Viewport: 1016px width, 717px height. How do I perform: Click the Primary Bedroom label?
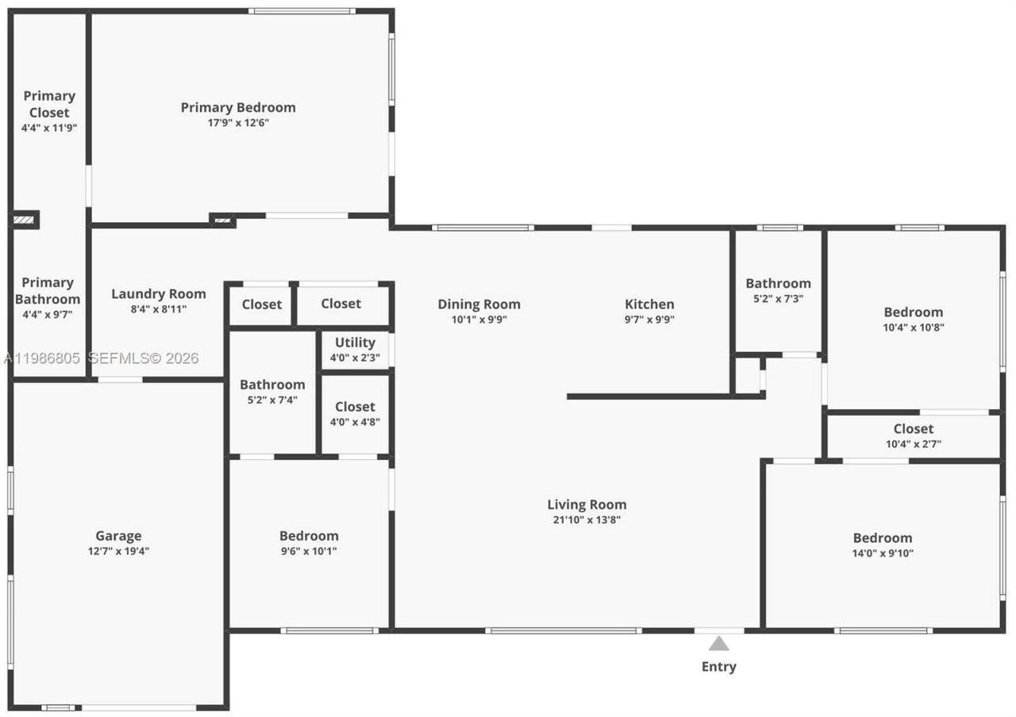(238, 108)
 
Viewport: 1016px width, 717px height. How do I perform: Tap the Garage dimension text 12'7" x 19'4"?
(118, 551)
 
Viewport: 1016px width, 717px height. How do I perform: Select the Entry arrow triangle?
(718, 643)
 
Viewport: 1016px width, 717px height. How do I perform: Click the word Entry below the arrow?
(718, 667)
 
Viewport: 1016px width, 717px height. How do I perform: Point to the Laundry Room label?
(158, 294)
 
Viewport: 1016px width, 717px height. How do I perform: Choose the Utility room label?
(355, 343)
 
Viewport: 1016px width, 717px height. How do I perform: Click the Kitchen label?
(649, 305)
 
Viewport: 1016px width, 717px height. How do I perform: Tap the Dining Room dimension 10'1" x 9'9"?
(479, 320)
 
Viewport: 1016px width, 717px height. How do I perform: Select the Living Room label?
(587, 504)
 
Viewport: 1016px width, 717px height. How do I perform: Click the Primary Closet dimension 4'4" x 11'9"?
(49, 127)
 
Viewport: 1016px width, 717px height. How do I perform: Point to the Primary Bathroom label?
(48, 291)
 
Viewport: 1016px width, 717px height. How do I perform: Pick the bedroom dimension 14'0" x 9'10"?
(883, 553)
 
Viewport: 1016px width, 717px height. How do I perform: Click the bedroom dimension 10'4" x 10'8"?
(914, 327)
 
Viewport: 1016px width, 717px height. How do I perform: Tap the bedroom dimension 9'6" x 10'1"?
(309, 551)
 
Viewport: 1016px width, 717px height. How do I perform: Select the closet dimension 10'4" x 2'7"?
(914, 444)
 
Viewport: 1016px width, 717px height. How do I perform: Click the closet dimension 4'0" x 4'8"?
(355, 422)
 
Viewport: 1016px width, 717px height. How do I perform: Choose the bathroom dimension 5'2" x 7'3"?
(778, 298)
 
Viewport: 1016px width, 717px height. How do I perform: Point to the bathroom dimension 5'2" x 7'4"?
(272, 400)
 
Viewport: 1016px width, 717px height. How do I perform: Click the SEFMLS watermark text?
(143, 358)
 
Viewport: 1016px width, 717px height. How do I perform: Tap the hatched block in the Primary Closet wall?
(25, 219)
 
